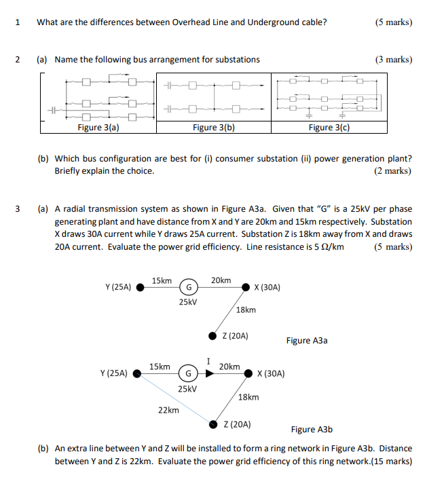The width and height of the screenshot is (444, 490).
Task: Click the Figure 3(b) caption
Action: pyautogui.click(x=214, y=127)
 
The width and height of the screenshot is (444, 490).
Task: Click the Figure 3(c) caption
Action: pyautogui.click(x=329, y=127)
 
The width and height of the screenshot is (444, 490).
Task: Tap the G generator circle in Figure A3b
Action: pyautogui.click(x=187, y=373)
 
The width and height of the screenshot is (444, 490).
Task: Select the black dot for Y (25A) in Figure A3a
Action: pyautogui.click(x=141, y=287)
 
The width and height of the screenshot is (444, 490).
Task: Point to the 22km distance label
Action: pyautogui.click(x=168, y=410)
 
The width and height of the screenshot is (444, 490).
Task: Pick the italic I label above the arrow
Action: pyautogui.click(x=209, y=361)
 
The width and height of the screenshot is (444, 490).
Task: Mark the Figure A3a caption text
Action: pyautogui.click(x=306, y=340)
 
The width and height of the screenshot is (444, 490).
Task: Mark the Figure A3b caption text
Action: pyautogui.click(x=312, y=429)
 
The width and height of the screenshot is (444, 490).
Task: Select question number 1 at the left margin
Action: pyautogui.click(x=17, y=22)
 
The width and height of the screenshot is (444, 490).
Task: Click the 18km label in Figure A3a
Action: pyautogui.click(x=246, y=309)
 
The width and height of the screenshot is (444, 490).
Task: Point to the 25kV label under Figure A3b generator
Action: pyautogui.click(x=187, y=389)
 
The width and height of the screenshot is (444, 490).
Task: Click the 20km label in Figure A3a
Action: pyautogui.click(x=221, y=280)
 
